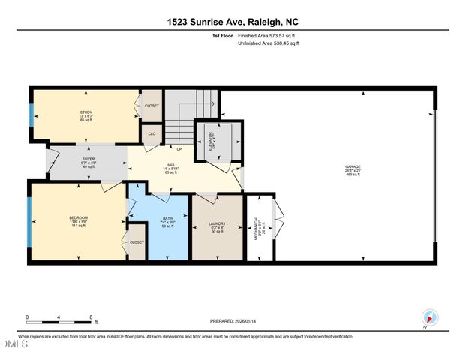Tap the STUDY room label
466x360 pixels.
86,112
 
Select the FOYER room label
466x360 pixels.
88,159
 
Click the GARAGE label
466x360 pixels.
352,166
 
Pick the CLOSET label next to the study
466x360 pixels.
152,106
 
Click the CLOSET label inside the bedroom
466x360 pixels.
137,242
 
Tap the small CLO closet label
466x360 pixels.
151,134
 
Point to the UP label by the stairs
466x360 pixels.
179,148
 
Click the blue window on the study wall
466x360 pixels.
32,115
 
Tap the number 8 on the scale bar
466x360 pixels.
92,317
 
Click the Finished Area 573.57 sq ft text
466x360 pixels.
269,35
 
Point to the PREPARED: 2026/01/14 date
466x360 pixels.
233,321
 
